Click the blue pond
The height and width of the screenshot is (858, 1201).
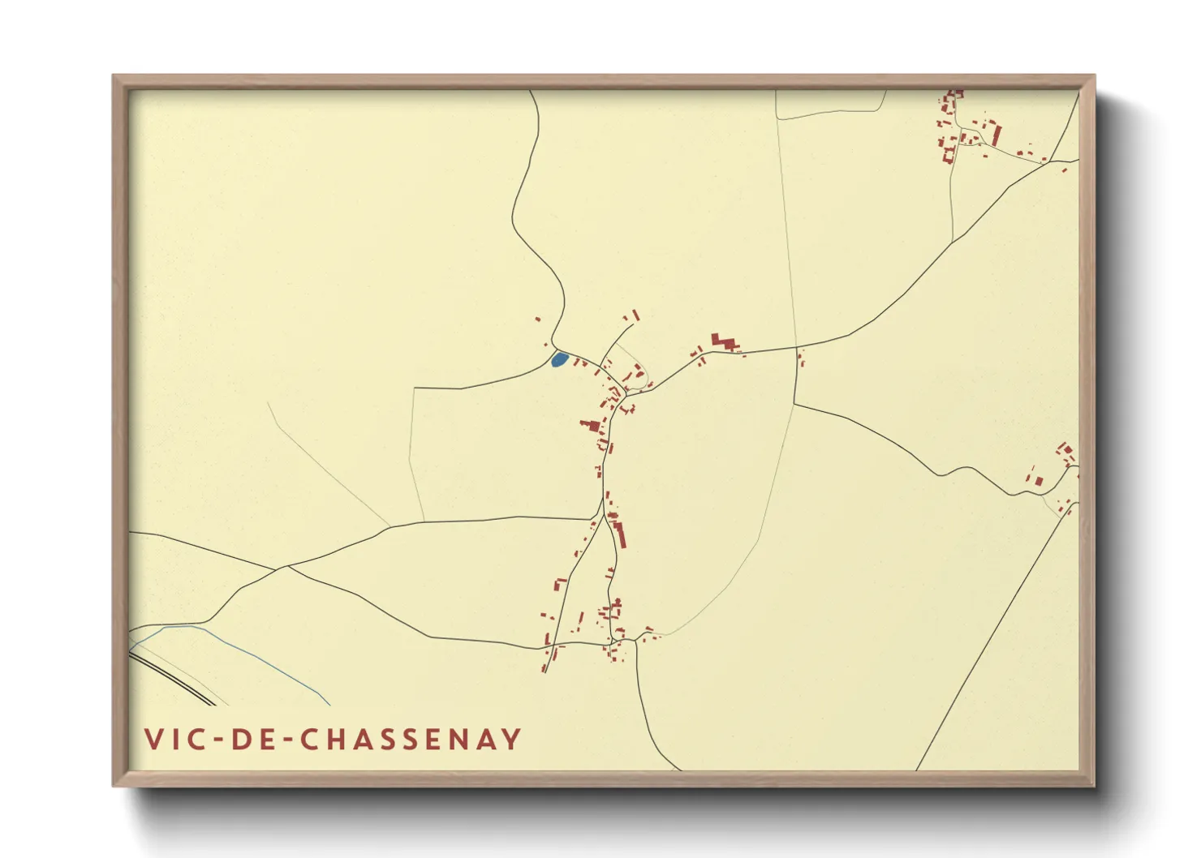(x=558, y=359)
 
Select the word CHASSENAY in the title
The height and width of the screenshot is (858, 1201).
(x=411, y=740)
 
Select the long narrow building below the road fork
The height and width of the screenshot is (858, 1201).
(x=620, y=534)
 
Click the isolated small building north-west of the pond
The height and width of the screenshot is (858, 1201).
(x=537, y=319)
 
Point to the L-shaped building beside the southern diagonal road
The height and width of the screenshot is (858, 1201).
(x=558, y=585)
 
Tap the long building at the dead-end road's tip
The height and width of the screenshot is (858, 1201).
(x=636, y=315)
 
